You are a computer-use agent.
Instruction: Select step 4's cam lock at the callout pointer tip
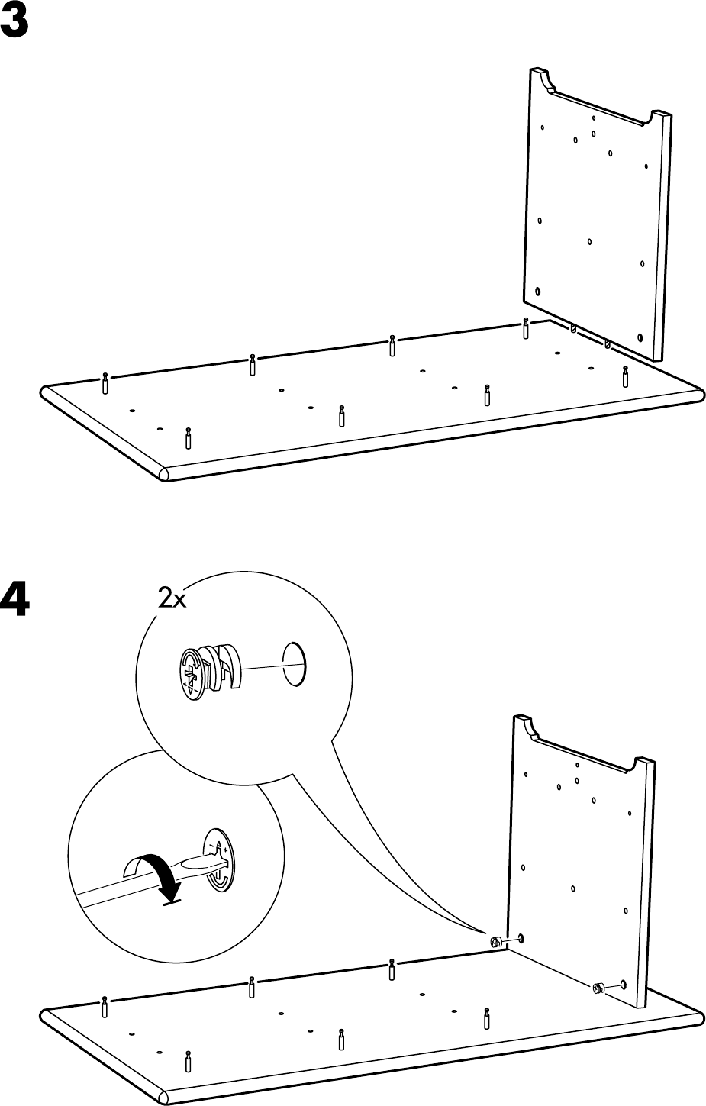[496, 942]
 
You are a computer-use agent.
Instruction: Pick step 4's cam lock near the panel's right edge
[597, 989]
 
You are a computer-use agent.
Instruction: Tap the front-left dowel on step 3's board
[188, 439]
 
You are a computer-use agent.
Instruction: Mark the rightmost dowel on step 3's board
[625, 376]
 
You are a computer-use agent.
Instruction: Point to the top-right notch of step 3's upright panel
[656, 118]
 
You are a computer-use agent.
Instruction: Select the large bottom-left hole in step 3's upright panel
[539, 292]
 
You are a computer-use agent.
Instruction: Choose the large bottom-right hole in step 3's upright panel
[640, 337]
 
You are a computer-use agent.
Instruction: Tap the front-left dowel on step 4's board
[188, 1061]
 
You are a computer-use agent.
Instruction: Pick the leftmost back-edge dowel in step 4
[105, 1007]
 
